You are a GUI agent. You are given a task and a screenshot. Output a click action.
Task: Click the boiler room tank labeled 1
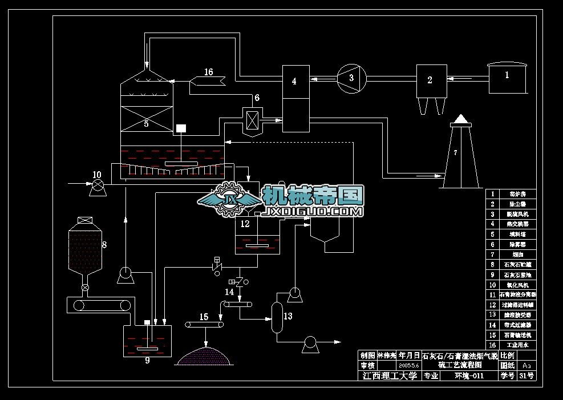coord(506,79)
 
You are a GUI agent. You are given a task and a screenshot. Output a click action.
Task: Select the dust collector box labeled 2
coord(431,80)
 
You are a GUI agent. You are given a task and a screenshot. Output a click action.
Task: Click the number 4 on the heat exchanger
coord(294,81)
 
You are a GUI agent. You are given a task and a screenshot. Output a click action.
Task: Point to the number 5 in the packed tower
coord(146,123)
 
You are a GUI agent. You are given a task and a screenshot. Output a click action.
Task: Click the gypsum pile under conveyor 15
coord(204,355)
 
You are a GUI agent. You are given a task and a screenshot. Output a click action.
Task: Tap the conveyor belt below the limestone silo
coord(100,305)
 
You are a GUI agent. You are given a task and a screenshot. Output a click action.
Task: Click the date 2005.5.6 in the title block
coord(410,365)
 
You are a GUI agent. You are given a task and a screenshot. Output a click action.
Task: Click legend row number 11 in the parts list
coord(492,295)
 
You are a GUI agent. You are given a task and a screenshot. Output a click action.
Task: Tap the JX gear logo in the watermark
coord(230,199)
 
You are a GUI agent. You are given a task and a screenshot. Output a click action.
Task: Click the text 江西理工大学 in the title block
coord(390,376)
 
